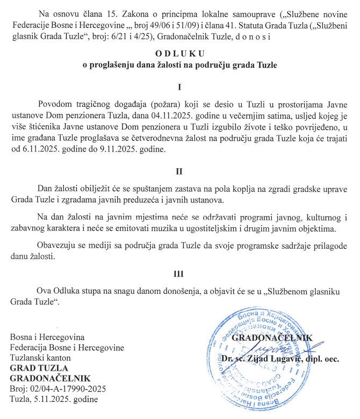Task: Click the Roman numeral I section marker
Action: pos(180,86)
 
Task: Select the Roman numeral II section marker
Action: pos(180,172)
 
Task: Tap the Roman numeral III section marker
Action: pos(180,274)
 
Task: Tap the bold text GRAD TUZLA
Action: pos(39,368)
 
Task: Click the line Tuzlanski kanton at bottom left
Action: pos(41,358)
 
